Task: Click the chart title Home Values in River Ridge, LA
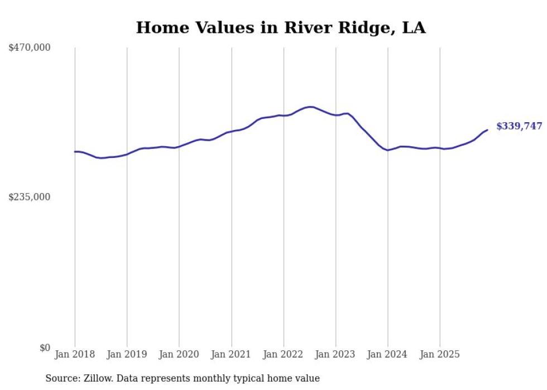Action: [x=281, y=28]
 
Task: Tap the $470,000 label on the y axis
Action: [x=30, y=48]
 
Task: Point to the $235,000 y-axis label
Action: [x=30, y=197]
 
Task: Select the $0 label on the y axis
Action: [x=45, y=348]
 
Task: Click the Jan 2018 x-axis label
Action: [x=75, y=354]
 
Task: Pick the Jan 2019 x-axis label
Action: [x=127, y=354]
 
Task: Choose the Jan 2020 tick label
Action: [x=179, y=354]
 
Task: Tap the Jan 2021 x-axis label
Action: [x=231, y=354]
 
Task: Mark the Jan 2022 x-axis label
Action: [x=284, y=354]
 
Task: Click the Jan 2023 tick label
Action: [x=335, y=354]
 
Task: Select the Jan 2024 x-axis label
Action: [x=388, y=354]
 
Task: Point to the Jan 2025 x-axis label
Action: [x=440, y=354]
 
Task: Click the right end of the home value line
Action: [x=487, y=130]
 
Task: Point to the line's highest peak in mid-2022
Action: [x=310, y=107]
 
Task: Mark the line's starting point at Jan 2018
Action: [x=75, y=152]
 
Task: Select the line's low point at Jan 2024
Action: [x=388, y=150]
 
